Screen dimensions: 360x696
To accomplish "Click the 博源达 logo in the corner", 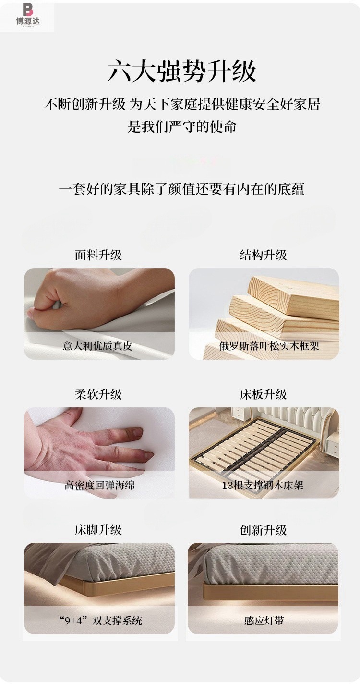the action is [x=28, y=15].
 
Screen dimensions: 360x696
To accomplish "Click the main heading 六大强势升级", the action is [x=182, y=71].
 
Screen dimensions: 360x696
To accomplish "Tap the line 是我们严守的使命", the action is [x=182, y=126].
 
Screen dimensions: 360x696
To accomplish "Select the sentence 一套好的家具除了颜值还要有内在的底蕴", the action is [x=182, y=189].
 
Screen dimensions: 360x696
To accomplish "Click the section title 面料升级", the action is [x=98, y=255].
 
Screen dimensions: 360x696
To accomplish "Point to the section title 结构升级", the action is [x=264, y=255].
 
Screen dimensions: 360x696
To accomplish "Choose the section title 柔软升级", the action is [x=98, y=394].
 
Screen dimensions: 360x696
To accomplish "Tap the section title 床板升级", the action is [x=264, y=394].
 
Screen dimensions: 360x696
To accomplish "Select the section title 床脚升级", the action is [x=98, y=530].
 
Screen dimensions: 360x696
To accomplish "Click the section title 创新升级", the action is [x=264, y=530].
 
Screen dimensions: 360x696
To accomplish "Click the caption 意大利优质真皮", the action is [x=97, y=345].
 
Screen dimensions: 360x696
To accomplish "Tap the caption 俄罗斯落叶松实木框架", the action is [x=269, y=345].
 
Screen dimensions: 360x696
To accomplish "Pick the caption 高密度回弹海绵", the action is [x=99, y=485].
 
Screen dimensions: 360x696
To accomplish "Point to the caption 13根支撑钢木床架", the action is [x=263, y=485].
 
